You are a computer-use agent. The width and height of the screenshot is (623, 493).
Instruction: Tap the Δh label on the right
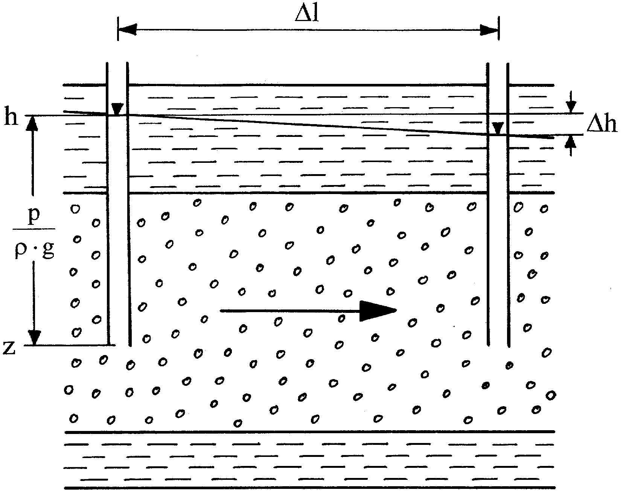coord(601,124)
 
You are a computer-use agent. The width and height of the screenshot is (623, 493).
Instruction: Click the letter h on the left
coord(11,117)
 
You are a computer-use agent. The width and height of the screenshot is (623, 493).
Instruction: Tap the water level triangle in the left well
coord(117,109)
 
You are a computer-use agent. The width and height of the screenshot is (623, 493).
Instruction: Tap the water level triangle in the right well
coord(498,129)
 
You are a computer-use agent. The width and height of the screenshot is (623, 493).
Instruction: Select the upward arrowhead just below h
coord(32,123)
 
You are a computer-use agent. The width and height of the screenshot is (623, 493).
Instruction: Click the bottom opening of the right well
coord(498,344)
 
